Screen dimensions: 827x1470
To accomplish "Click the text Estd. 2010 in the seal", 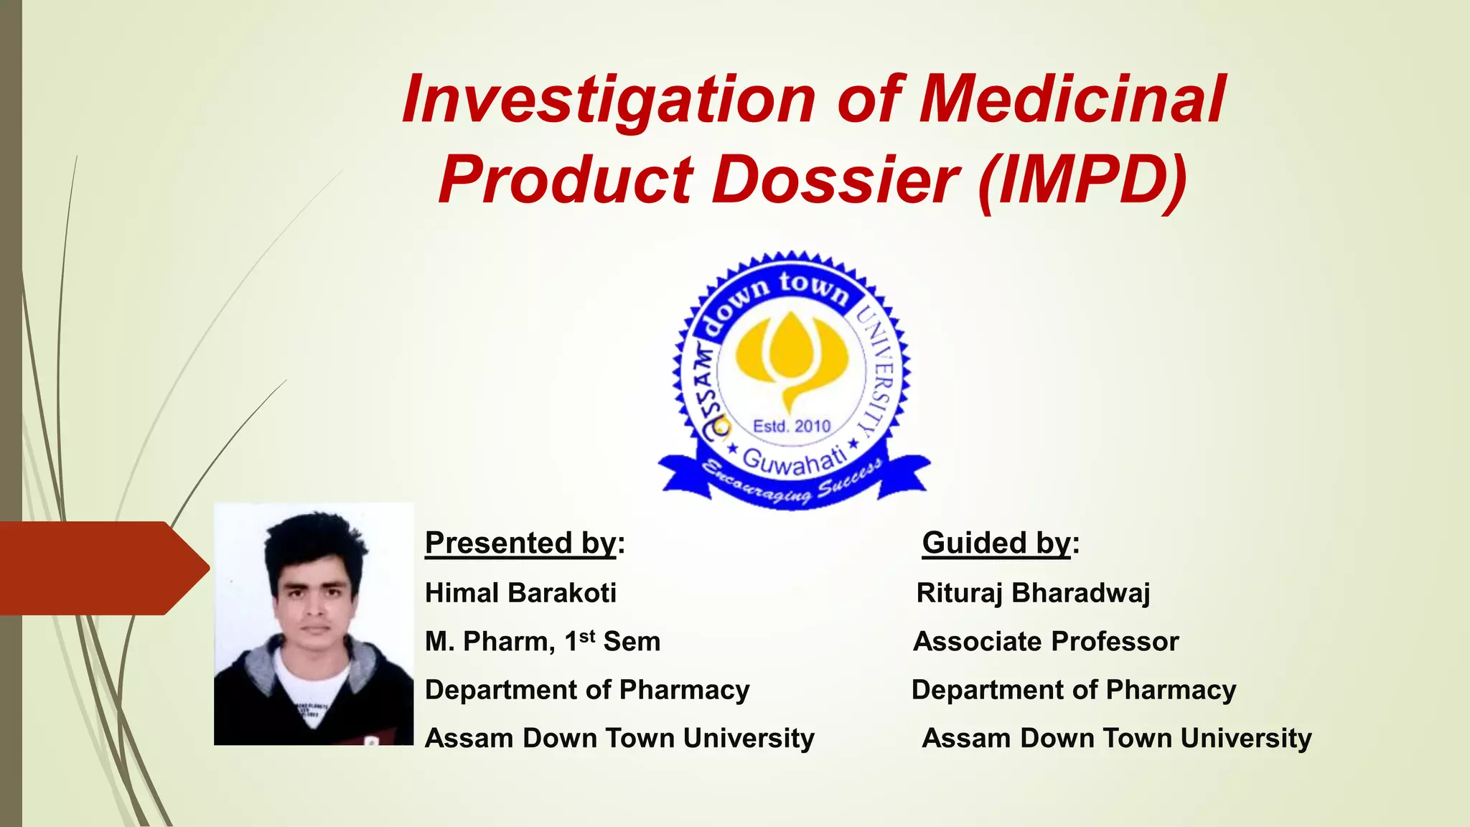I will point(791,426).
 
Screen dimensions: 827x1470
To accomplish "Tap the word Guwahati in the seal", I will point(793,460).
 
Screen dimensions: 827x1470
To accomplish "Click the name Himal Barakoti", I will point(520,593).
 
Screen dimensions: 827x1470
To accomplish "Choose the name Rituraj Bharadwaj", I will point(1033,593).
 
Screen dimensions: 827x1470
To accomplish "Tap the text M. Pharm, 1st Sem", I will point(542,641).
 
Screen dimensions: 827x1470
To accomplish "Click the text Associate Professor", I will point(1045,641).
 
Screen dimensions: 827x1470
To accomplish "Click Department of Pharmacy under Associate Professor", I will point(1073,690).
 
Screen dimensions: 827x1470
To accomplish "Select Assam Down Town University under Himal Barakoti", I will point(619,738).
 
